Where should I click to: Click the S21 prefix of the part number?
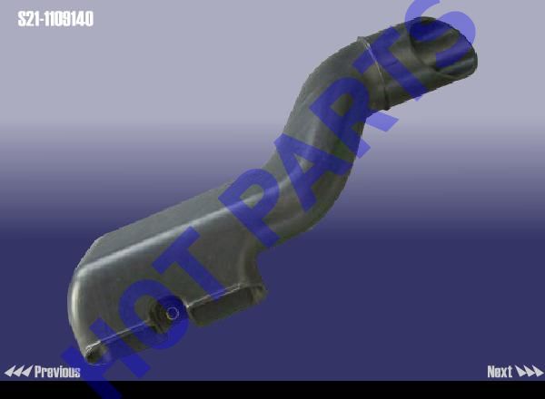point(28,19)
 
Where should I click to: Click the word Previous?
point(57,372)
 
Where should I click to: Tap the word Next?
point(500,372)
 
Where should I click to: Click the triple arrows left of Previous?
point(18,372)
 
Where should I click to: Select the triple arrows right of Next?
point(529,372)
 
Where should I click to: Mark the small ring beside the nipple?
point(172,313)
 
